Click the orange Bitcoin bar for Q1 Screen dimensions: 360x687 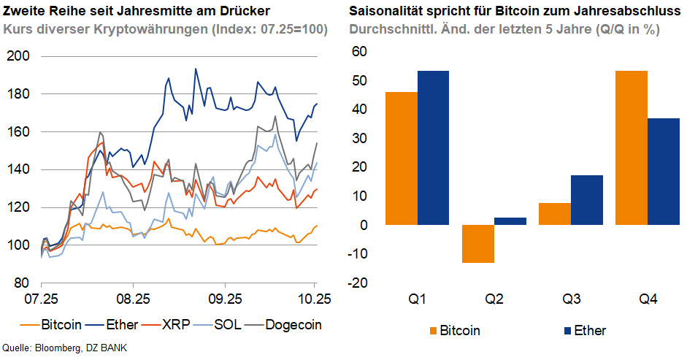[402, 158]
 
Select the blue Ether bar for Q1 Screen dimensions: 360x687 [433, 148]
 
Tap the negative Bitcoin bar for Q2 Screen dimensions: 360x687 [478, 244]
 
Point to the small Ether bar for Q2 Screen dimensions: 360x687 [510, 221]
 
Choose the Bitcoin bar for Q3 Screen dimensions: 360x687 [556, 214]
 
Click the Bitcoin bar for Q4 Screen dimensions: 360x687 [632, 148]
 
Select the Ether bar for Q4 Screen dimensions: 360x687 [663, 172]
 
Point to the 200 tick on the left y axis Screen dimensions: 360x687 [18, 56]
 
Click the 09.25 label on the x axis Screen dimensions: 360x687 [225, 299]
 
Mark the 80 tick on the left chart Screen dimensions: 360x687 [21, 283]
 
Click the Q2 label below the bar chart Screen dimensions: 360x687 [494, 299]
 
